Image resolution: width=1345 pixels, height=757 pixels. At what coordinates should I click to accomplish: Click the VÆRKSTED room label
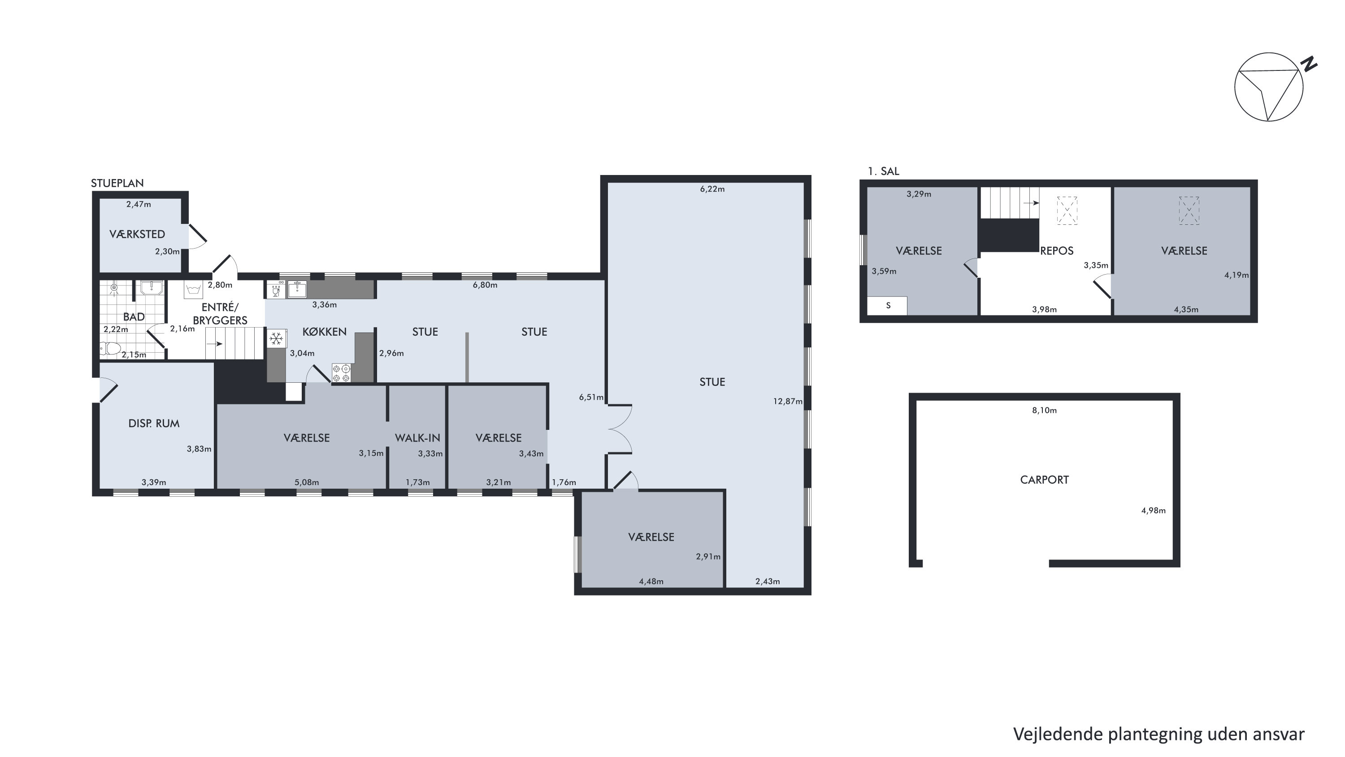coord(137,234)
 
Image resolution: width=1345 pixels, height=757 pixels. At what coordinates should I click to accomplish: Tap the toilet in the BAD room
coord(110,348)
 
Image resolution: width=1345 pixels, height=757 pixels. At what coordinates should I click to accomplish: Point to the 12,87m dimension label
coord(787,401)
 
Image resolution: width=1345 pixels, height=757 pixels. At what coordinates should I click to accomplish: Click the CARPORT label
coord(1044,480)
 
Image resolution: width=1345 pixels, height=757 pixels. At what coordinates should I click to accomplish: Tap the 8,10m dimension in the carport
coord(1044,410)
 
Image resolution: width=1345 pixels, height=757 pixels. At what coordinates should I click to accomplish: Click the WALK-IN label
coord(417,438)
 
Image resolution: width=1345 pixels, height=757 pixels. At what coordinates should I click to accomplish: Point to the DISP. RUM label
coord(154,423)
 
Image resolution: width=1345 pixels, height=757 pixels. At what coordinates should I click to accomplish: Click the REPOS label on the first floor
coord(1057,251)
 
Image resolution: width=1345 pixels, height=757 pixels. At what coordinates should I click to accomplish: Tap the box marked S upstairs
coord(887,306)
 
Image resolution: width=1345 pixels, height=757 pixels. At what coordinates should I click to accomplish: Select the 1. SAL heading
coord(883,171)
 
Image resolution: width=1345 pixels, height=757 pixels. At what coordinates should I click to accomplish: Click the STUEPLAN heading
coord(117,183)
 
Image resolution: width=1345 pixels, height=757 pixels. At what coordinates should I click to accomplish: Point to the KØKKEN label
coord(324,332)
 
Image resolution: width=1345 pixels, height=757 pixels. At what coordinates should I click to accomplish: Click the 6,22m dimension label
coord(712,189)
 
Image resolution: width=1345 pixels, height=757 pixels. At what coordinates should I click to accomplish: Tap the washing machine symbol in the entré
coord(194,289)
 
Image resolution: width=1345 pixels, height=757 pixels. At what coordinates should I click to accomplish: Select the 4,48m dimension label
coord(651,581)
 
